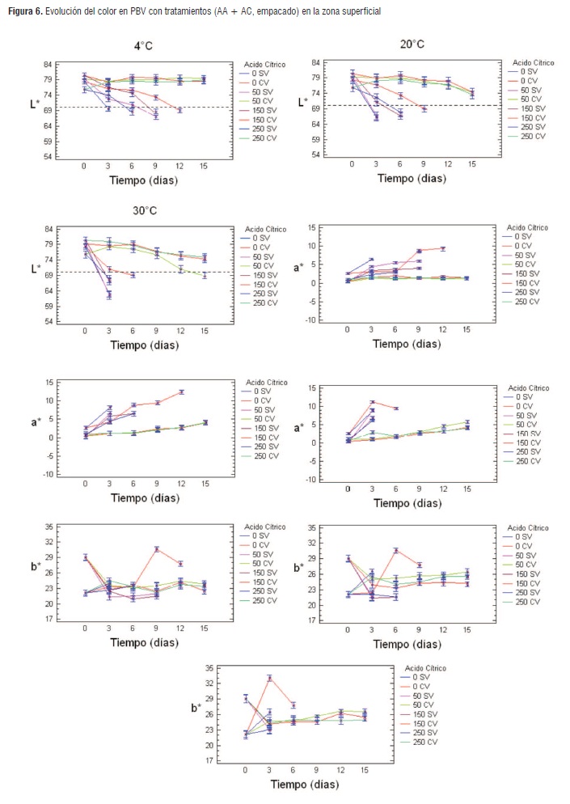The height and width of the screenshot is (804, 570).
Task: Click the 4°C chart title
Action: (143, 46)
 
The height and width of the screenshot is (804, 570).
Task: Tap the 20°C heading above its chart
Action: (412, 43)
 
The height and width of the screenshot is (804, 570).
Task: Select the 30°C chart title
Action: (145, 211)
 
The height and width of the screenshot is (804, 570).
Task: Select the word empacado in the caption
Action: (268, 12)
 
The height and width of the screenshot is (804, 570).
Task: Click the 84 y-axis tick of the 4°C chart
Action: (49, 64)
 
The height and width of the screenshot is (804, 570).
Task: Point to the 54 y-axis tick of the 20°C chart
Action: (316, 154)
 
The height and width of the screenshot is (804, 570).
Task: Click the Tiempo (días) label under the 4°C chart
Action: (143, 180)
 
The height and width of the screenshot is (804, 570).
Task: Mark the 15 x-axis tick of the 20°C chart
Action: (471, 164)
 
